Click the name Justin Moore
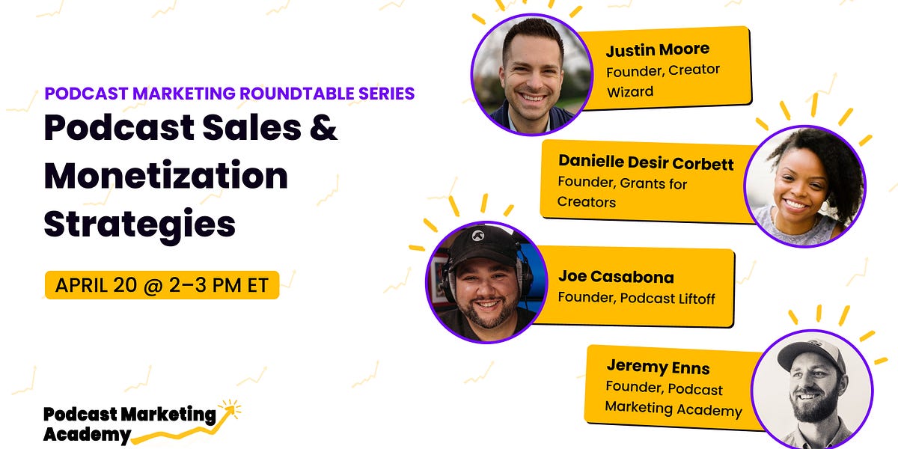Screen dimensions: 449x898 point(658,51)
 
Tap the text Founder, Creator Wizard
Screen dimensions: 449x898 point(662,80)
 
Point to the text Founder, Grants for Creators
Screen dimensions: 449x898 point(622,192)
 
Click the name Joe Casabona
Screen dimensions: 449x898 point(616,277)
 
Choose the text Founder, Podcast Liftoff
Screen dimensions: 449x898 point(636,299)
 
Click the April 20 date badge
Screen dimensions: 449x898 point(162,285)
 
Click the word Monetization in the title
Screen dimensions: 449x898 point(165,177)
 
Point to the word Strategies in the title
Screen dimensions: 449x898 point(139,223)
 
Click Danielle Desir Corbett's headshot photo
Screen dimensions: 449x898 point(804,186)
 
